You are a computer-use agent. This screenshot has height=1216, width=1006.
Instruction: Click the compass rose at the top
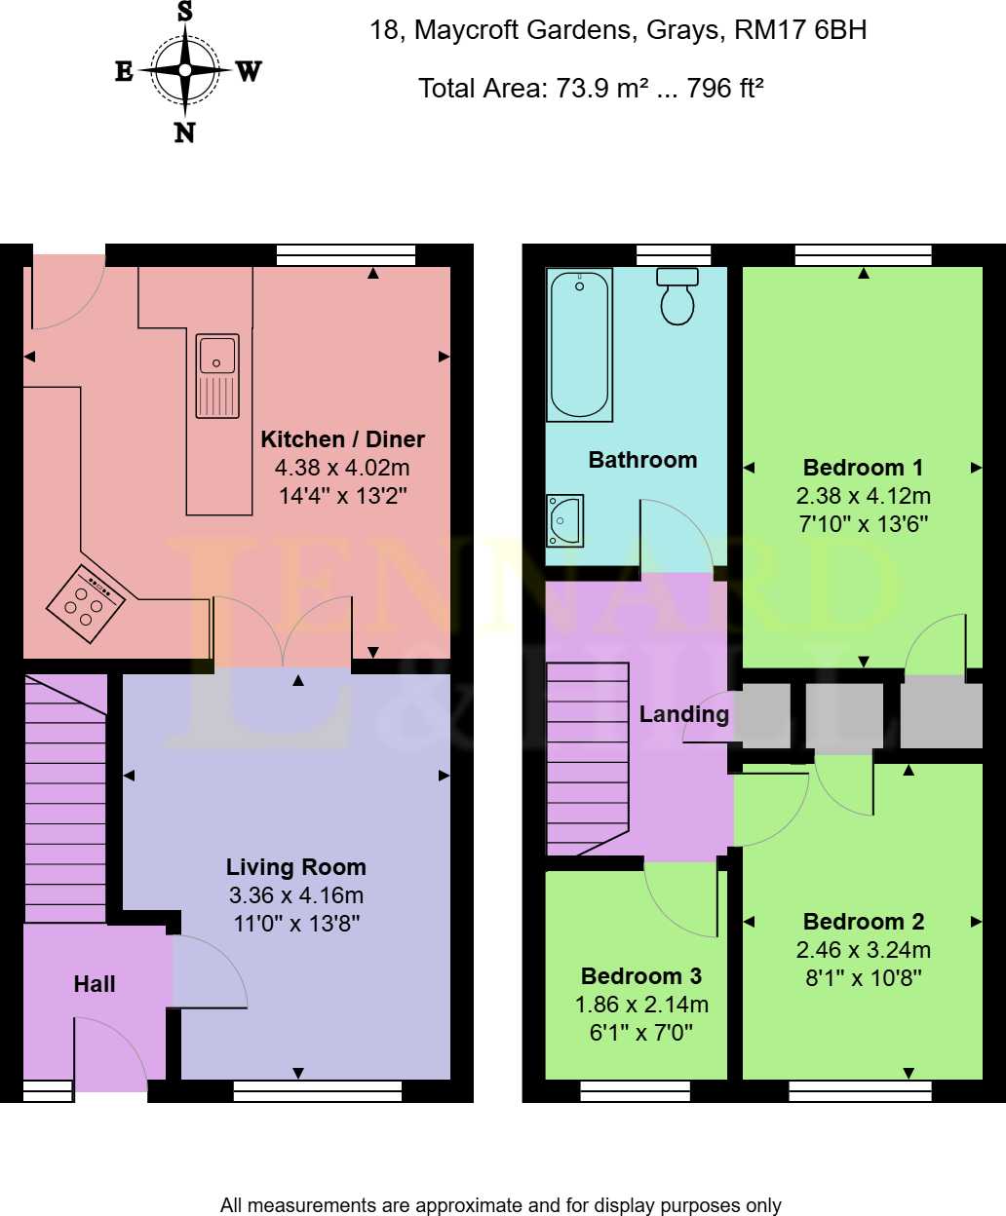pyautogui.click(x=185, y=70)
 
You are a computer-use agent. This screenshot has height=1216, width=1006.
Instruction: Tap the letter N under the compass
pyautogui.click(x=185, y=133)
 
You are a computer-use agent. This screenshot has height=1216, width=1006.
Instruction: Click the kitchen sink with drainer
pyautogui.click(x=216, y=375)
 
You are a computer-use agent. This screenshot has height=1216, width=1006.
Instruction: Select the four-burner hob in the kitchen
pyautogui.click(x=86, y=603)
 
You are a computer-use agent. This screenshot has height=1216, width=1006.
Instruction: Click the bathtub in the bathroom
pyautogui.click(x=580, y=345)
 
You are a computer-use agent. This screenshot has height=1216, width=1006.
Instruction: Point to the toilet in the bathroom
pyautogui.click(x=677, y=296)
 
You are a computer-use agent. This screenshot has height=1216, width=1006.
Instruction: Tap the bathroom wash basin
pyautogui.click(x=564, y=520)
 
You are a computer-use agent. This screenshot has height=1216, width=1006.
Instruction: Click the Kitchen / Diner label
pyautogui.click(x=342, y=439)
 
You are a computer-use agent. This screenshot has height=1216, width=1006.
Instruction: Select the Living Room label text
pyautogui.click(x=296, y=867)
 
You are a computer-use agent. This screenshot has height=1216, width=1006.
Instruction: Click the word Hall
pyautogui.click(x=95, y=984)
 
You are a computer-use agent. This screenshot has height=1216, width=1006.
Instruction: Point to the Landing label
pyautogui.click(x=683, y=714)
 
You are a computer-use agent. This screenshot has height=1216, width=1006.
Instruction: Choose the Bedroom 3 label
pyautogui.click(x=640, y=976)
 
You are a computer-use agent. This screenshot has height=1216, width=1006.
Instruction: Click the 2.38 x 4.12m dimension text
pyautogui.click(x=863, y=496)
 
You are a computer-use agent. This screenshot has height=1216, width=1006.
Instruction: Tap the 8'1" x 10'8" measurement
pyautogui.click(x=863, y=977)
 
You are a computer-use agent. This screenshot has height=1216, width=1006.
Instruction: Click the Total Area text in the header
pyautogui.click(x=590, y=89)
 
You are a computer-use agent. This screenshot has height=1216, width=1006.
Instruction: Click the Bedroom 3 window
pyautogui.click(x=635, y=1091)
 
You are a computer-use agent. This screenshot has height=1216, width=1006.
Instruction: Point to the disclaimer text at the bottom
pyautogui.click(x=501, y=1205)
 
